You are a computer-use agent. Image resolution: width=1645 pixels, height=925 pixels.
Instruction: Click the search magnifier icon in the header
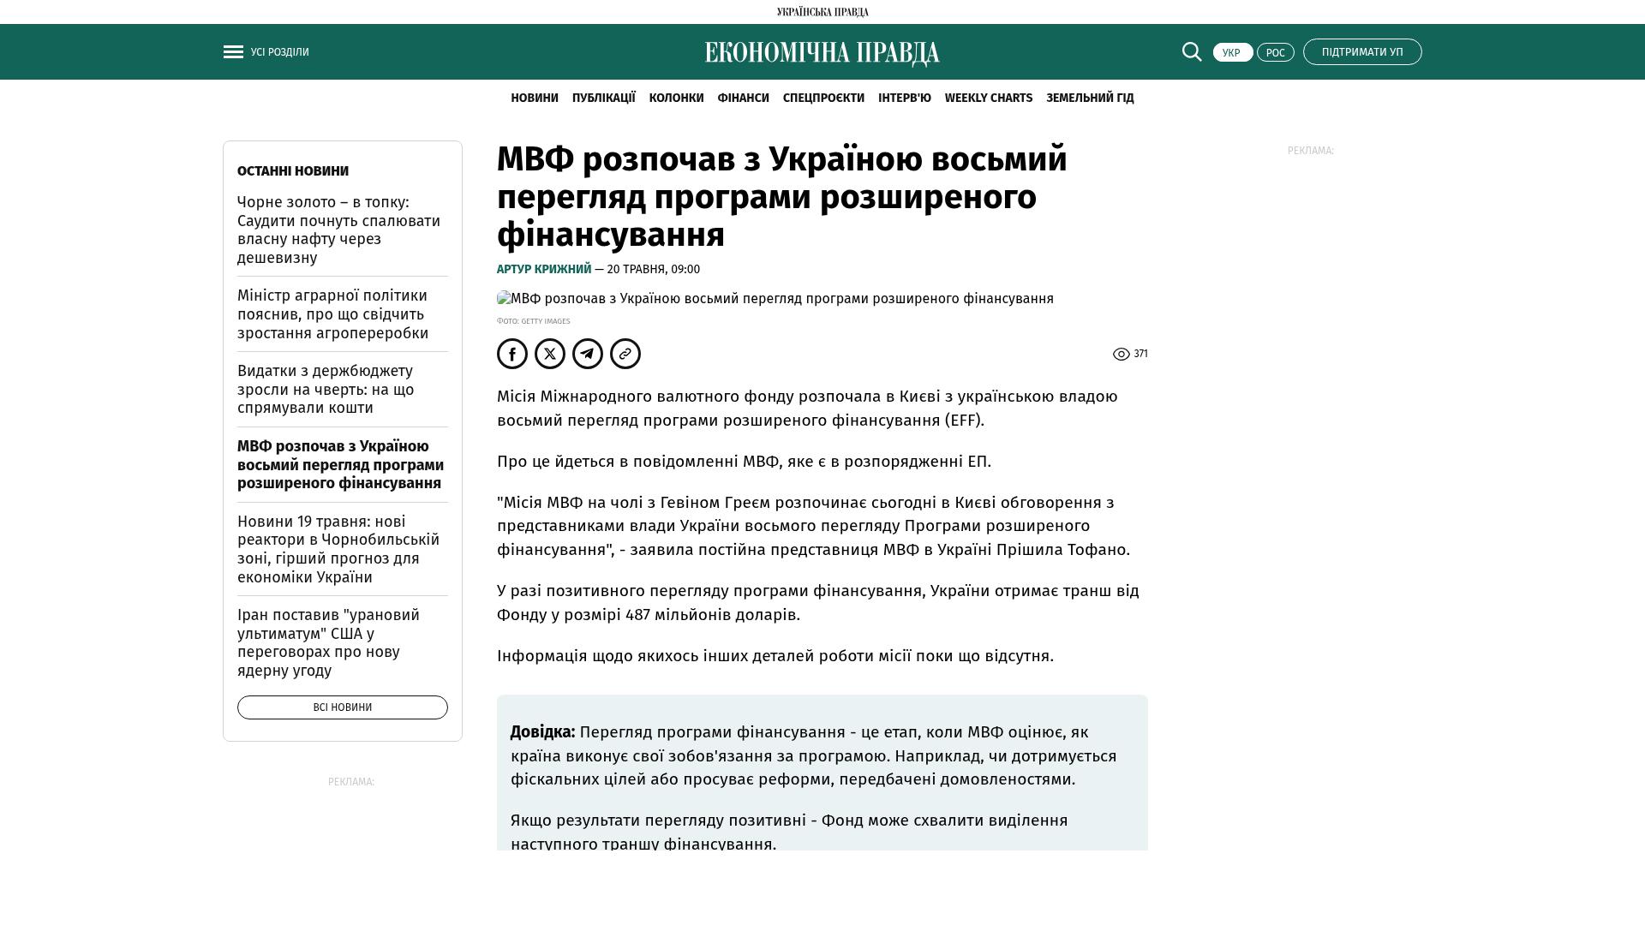point(1192,52)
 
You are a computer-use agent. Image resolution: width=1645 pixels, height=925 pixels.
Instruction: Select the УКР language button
point(1232,53)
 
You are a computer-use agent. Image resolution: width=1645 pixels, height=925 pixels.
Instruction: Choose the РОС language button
point(1275,53)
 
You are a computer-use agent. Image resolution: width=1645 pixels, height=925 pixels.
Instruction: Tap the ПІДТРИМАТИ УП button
point(1362,52)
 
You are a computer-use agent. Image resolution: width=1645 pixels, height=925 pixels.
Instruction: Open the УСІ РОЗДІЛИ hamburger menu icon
point(233,52)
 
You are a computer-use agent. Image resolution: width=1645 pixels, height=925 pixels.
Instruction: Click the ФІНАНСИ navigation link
point(743,98)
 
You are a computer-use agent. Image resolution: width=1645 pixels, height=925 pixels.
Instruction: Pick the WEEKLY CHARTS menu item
point(988,98)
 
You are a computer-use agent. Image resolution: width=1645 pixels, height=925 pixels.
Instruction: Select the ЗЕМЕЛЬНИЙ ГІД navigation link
point(1090,98)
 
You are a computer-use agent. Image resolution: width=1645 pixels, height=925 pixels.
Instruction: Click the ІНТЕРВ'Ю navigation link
point(904,98)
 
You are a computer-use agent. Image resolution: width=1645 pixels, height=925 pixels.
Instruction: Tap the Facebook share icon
point(512,354)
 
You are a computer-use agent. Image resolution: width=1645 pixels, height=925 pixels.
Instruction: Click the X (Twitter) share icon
point(550,354)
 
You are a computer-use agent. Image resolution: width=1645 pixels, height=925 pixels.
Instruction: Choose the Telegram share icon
point(588,354)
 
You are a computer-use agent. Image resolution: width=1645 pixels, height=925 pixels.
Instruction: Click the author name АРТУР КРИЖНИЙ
point(544,269)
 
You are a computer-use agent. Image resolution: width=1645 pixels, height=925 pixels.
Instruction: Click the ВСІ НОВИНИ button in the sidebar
point(343,707)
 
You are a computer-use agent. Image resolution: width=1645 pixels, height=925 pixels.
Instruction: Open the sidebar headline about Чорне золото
point(338,230)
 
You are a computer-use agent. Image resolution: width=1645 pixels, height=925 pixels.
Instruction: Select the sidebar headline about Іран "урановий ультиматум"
point(328,642)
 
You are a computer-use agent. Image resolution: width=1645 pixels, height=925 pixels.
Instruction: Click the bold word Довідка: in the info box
point(542,732)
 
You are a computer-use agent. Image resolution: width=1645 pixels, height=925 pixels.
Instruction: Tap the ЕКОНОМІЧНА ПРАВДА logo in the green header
point(822,53)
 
